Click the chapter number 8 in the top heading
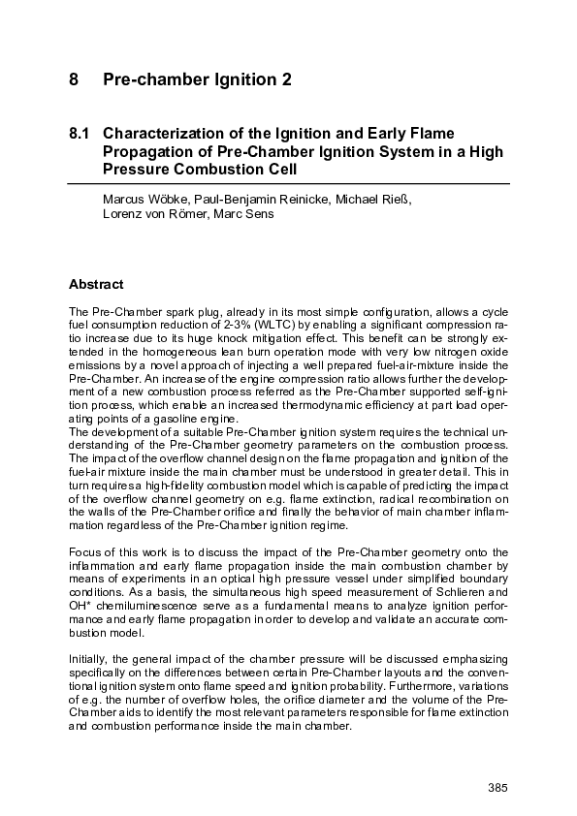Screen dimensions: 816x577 tap(74, 79)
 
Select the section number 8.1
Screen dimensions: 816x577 tap(80, 132)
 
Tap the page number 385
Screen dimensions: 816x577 tap(497, 785)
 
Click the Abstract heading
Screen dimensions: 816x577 tap(96, 285)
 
